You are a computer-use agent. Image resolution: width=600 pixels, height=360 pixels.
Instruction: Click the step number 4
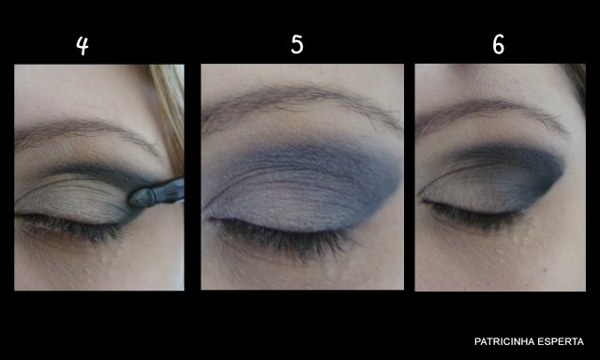point(82,45)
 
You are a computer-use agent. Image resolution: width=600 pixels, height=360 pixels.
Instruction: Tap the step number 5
point(297,44)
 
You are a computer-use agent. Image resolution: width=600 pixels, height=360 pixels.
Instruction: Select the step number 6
point(498,44)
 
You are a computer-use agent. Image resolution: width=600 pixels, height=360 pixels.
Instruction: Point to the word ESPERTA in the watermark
point(554,341)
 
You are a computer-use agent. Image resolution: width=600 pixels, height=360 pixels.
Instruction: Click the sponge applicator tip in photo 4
point(142,198)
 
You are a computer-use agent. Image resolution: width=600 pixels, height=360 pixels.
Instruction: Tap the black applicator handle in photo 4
point(169,190)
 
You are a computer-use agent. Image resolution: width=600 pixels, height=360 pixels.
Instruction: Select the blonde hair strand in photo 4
point(169,114)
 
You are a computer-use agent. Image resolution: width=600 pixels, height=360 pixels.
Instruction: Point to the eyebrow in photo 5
point(302,101)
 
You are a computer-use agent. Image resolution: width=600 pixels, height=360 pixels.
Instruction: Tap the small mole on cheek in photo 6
point(546,270)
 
